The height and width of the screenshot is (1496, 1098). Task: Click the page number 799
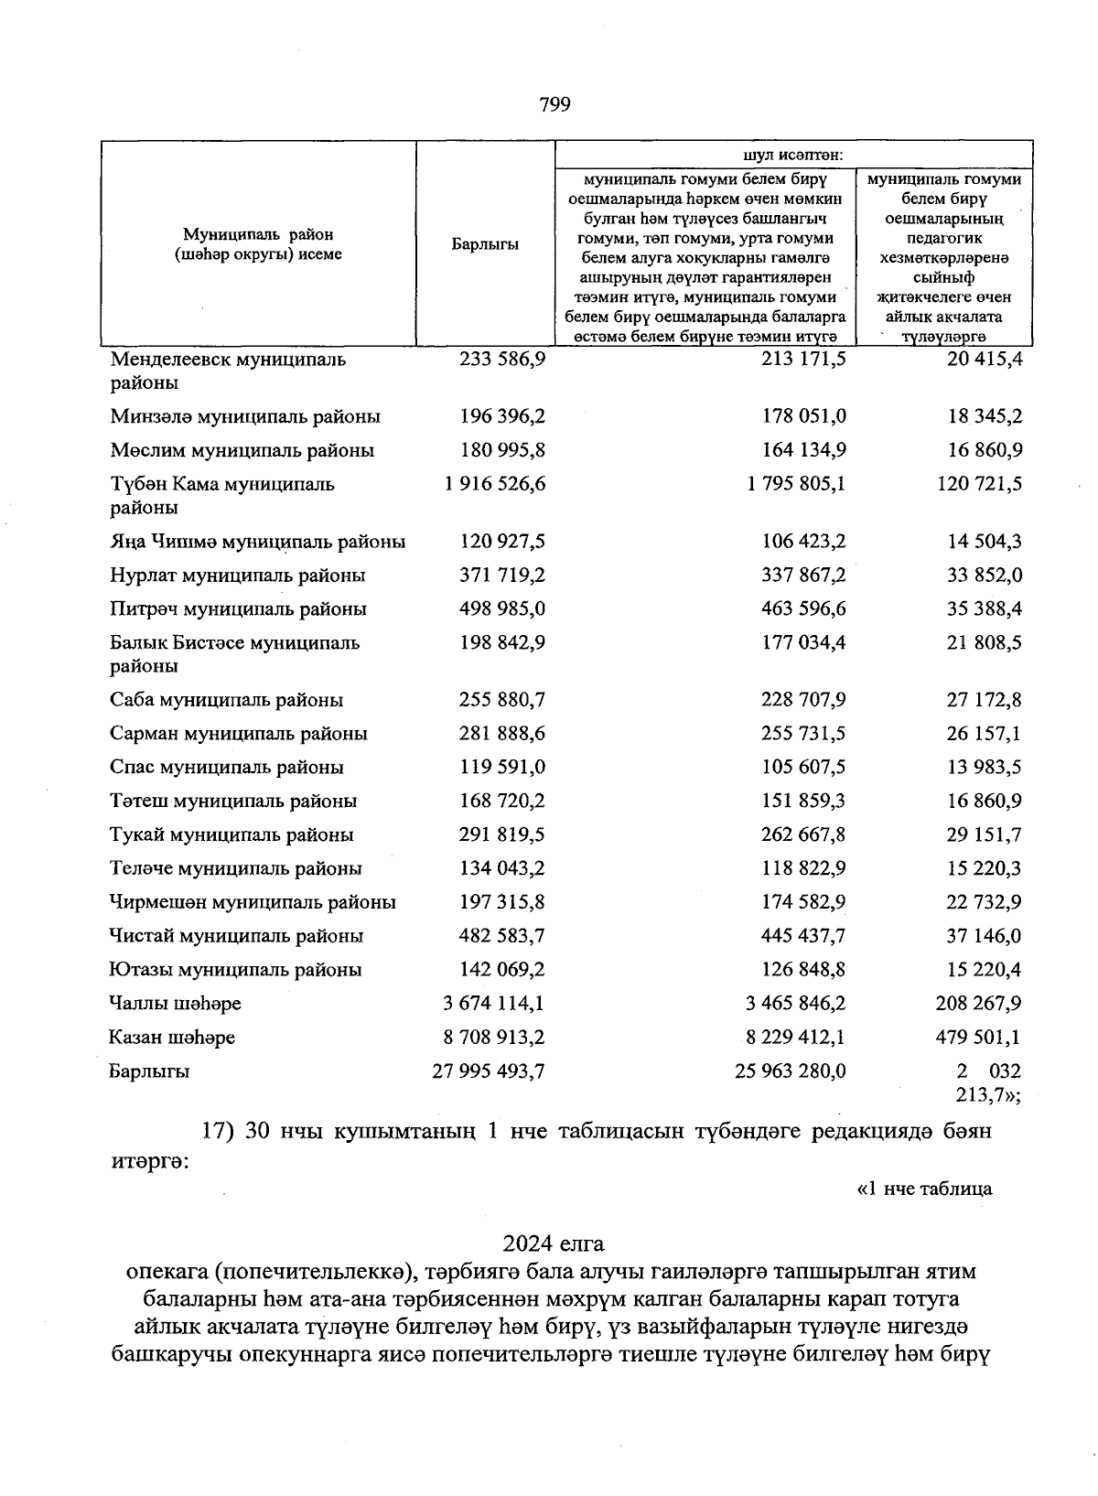[554, 104]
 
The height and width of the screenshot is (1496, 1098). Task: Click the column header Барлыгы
[485, 244]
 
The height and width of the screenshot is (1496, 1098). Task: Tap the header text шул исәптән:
[793, 155]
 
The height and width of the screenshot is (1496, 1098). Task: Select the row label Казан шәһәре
[172, 1038]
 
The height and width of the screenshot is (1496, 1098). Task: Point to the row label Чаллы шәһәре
[175, 1004]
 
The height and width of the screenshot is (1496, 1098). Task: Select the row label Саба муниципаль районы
[227, 700]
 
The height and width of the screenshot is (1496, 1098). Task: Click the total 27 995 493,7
[489, 1071]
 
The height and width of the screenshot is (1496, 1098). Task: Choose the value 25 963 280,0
[791, 1071]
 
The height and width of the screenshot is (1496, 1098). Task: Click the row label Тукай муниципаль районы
[231, 835]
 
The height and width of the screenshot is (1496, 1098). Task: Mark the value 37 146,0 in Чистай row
[984, 936]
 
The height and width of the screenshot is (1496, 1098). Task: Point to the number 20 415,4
[985, 359]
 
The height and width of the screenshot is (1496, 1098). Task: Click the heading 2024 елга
[554, 1244]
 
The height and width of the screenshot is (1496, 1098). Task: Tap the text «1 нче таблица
[923, 1189]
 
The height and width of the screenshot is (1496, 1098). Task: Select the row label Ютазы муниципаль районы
[235, 970]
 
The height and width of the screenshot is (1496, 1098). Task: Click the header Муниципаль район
[258, 235]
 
